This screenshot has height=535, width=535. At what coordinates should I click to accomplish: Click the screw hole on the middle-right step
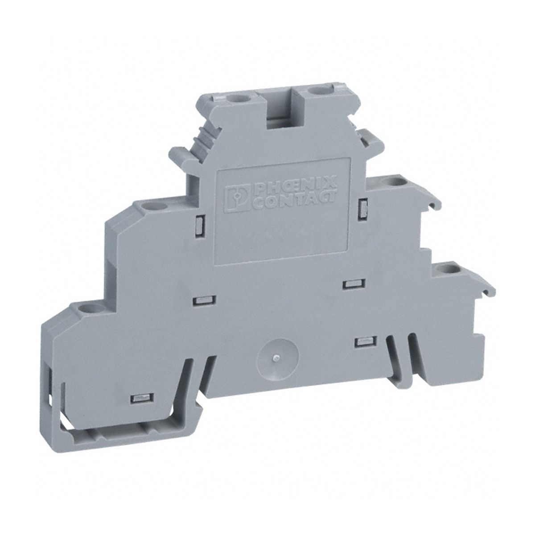(x=394, y=181)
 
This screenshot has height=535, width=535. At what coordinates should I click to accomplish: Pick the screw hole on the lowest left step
(x=86, y=307)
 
